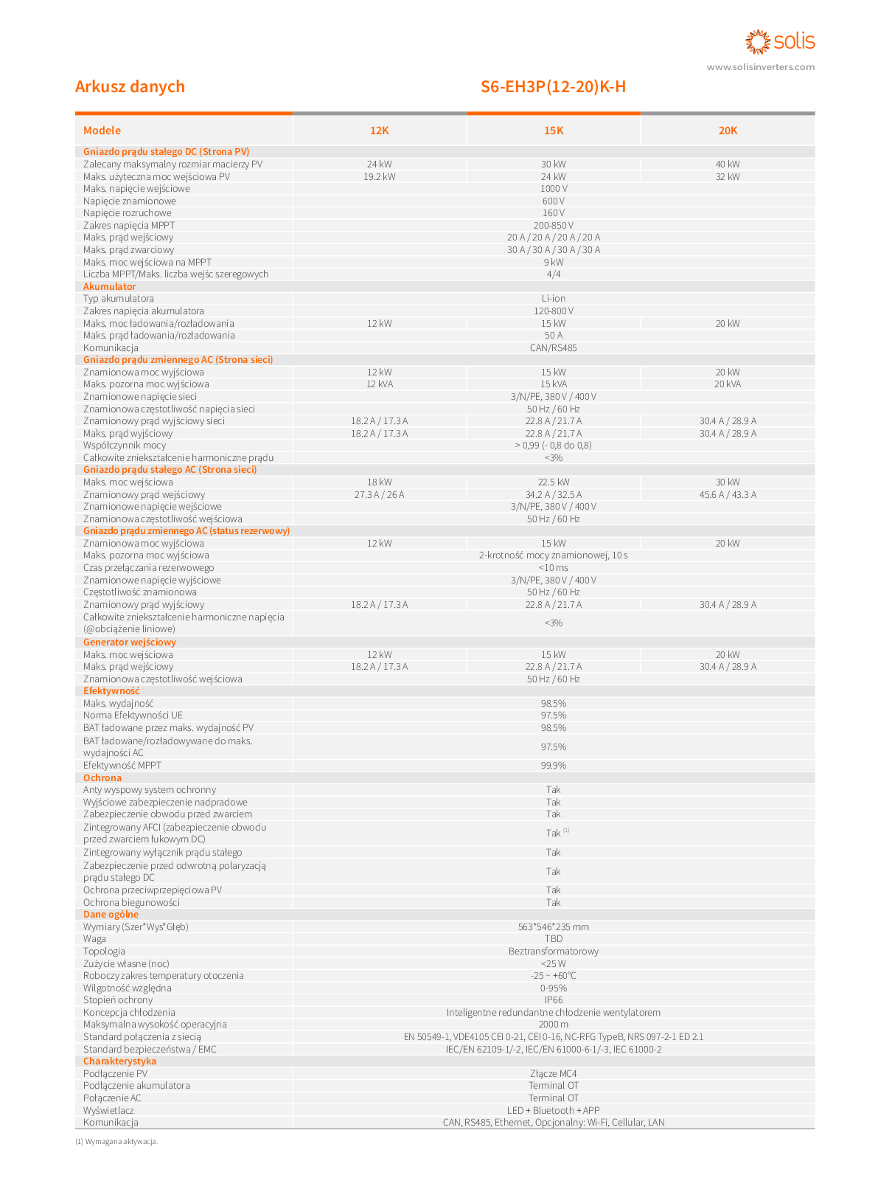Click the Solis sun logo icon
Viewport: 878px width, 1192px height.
pyautogui.click(x=758, y=41)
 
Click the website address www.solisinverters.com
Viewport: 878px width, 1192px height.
pyautogui.click(x=761, y=67)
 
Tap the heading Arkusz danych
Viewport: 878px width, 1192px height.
pyautogui.click(x=130, y=87)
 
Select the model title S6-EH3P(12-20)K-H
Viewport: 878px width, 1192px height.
pyautogui.click(x=553, y=87)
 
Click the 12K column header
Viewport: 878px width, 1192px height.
pyautogui.click(x=379, y=131)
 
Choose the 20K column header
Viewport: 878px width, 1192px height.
pyautogui.click(x=728, y=131)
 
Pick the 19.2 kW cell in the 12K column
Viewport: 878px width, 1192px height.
pyautogui.click(x=379, y=176)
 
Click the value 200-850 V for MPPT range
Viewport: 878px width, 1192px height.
pyautogui.click(x=553, y=225)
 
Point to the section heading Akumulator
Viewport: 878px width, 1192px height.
pyautogui.click(x=109, y=286)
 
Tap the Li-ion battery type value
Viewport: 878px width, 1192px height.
pyautogui.click(x=553, y=299)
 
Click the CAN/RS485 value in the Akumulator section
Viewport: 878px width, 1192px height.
pyautogui.click(x=553, y=347)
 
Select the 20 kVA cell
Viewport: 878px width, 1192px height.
pyautogui.click(x=728, y=384)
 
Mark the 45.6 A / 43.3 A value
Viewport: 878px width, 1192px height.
pyautogui.click(x=728, y=494)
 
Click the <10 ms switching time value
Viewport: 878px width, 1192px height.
pyautogui.click(x=553, y=568)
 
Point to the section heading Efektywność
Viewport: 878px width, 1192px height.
pyautogui.click(x=111, y=691)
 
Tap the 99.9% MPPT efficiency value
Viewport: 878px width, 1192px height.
pyautogui.click(x=553, y=765)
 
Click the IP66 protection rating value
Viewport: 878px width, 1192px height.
pyautogui.click(x=553, y=1000)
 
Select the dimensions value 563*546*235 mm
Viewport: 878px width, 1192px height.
pyautogui.click(x=553, y=926)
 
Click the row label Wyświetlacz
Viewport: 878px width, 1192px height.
pyautogui.click(x=108, y=1110)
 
